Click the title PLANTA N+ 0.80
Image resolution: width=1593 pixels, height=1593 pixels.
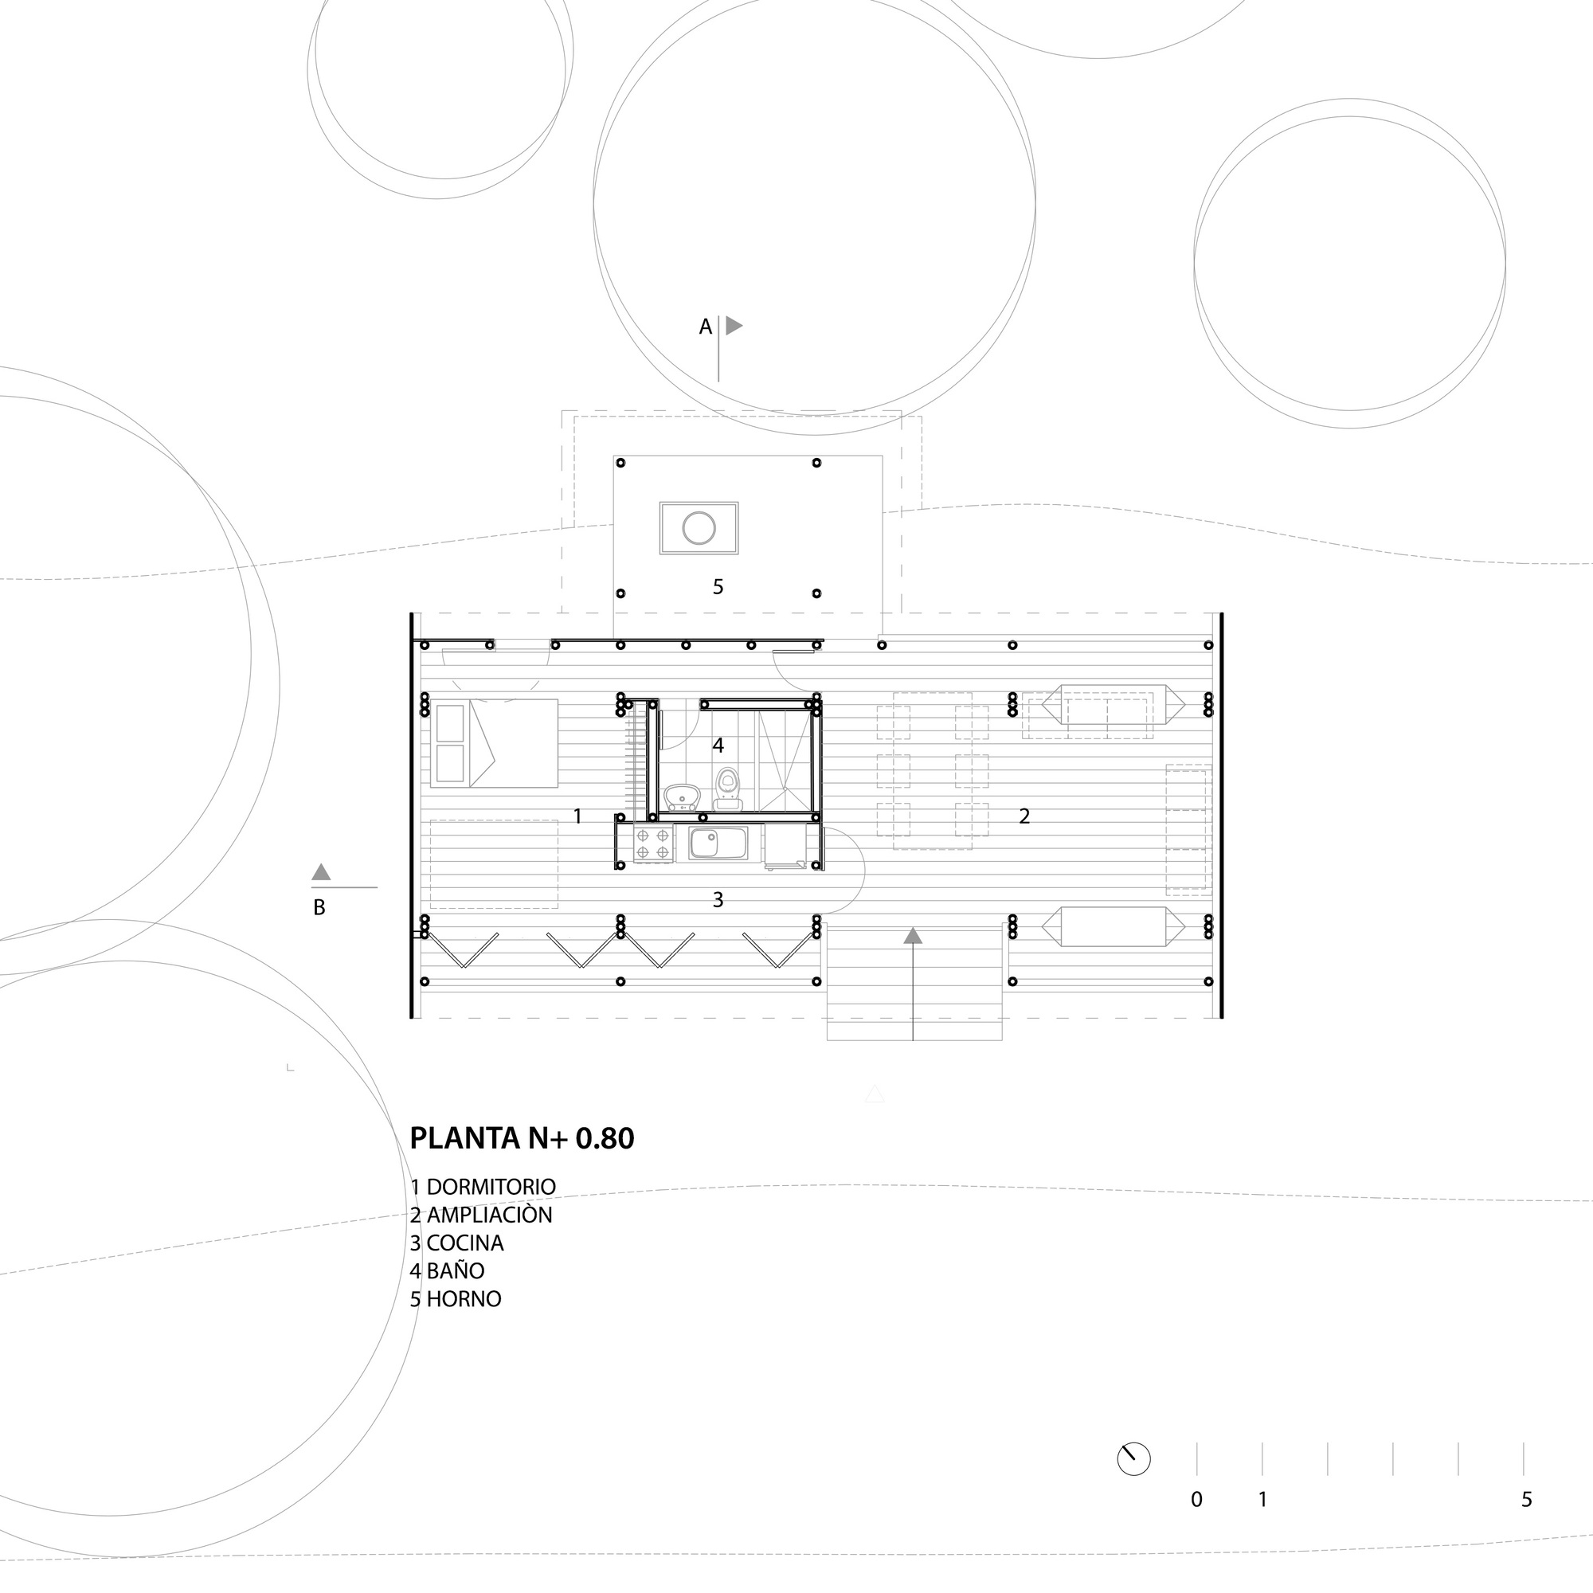522,1139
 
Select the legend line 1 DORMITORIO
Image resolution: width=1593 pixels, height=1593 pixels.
483,1187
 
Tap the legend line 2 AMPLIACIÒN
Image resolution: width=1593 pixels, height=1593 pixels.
482,1215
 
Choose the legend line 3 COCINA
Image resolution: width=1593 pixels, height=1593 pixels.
456,1243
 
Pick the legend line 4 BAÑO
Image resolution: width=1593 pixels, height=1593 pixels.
448,1270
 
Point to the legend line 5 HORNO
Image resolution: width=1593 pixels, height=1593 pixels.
456,1298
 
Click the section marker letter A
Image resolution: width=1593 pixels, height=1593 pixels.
705,327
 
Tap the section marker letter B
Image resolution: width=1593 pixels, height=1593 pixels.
319,908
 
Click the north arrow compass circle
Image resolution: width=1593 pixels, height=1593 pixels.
1133,1459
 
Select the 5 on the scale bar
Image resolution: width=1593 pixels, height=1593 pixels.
1526,1500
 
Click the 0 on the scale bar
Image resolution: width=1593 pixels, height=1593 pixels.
1196,1500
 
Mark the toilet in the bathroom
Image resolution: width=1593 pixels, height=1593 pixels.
727,788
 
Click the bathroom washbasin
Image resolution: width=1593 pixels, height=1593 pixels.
682,796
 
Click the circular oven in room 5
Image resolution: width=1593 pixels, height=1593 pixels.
699,528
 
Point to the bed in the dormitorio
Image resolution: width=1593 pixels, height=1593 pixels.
493,743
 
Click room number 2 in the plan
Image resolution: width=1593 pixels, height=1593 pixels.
1024,816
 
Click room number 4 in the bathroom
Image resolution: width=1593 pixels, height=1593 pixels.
718,746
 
